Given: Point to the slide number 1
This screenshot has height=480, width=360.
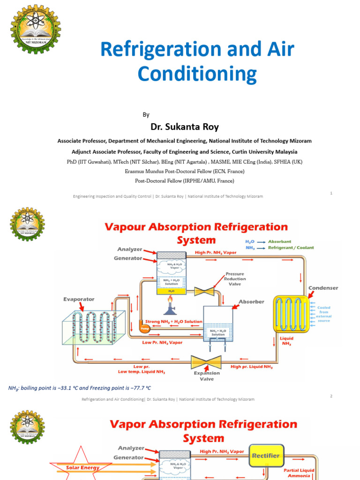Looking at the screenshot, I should (x=331, y=193).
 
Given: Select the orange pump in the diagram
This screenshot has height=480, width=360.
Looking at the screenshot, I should (x=144, y=328).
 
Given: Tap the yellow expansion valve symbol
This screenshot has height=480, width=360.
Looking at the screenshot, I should (x=206, y=361).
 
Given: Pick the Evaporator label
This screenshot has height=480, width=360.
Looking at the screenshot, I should (x=79, y=299).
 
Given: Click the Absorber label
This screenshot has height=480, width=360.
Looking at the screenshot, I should (x=252, y=301).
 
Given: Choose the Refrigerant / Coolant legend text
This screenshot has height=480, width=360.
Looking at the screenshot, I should (x=291, y=247).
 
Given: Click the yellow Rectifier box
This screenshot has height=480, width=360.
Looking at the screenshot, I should (x=265, y=455).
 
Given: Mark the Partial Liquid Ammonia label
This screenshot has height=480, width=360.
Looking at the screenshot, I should (x=299, y=472).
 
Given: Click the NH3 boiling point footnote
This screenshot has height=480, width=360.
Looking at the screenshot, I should (x=80, y=388).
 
